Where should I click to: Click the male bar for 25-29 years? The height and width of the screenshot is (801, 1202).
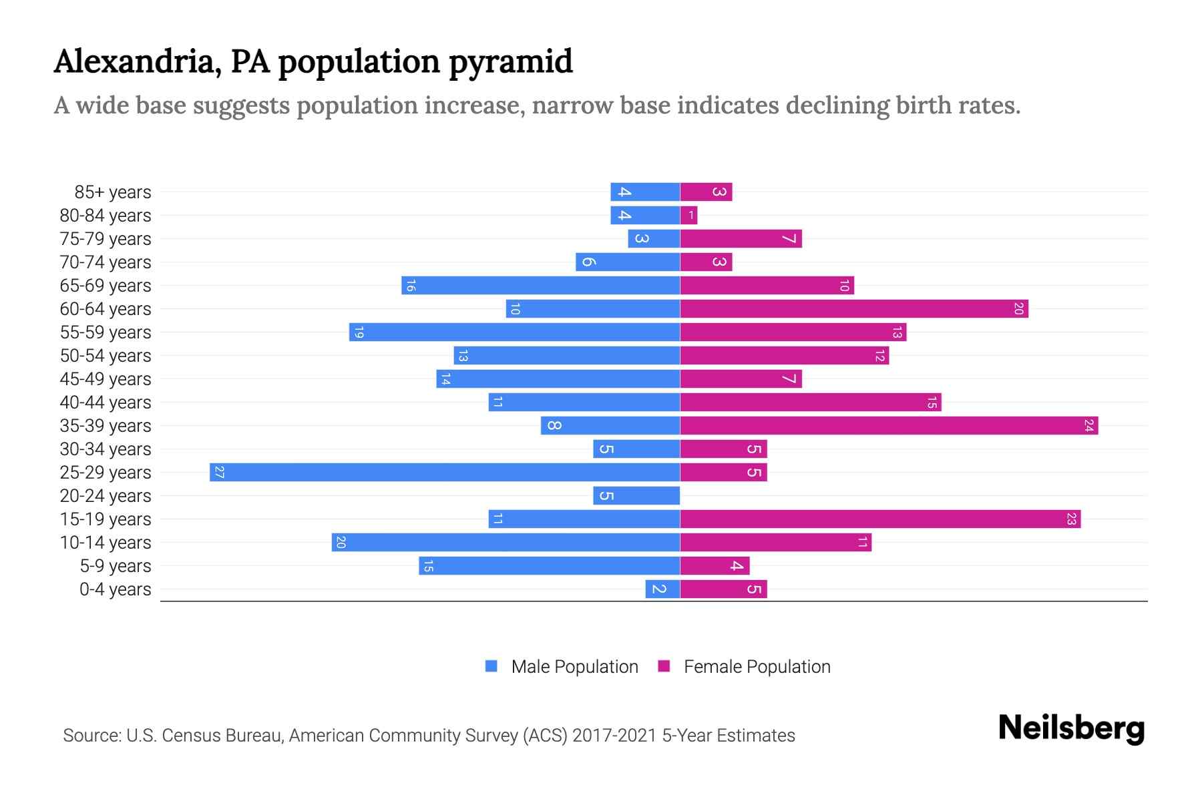tap(445, 473)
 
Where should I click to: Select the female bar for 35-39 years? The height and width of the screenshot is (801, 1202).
tap(889, 426)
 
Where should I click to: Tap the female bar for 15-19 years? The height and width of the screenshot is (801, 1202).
tap(880, 519)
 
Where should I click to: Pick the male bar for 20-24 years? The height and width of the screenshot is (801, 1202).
tap(636, 496)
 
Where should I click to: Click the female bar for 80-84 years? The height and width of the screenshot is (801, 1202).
tap(688, 216)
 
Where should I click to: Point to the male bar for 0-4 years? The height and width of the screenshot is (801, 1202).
tap(662, 589)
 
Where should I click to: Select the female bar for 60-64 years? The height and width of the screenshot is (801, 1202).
tap(854, 309)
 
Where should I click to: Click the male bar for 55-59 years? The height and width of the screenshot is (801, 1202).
tap(514, 332)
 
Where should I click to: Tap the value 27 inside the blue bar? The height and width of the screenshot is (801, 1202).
tap(219, 473)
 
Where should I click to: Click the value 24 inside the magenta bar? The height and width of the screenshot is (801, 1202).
tap(1088, 426)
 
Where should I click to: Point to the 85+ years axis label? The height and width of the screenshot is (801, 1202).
tap(112, 192)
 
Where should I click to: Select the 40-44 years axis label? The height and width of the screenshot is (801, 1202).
tap(106, 403)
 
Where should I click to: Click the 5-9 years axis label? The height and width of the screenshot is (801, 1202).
tap(115, 566)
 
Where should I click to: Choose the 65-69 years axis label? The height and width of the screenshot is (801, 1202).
tap(106, 286)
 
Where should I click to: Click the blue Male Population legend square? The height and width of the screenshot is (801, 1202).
tap(491, 666)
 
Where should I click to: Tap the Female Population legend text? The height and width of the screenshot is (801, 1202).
tap(757, 667)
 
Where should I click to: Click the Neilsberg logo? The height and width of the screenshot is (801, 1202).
tap(1071, 728)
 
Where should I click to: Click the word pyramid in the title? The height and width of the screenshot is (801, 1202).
tap(510, 62)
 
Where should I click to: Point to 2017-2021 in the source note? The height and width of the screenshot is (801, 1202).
tap(614, 736)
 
